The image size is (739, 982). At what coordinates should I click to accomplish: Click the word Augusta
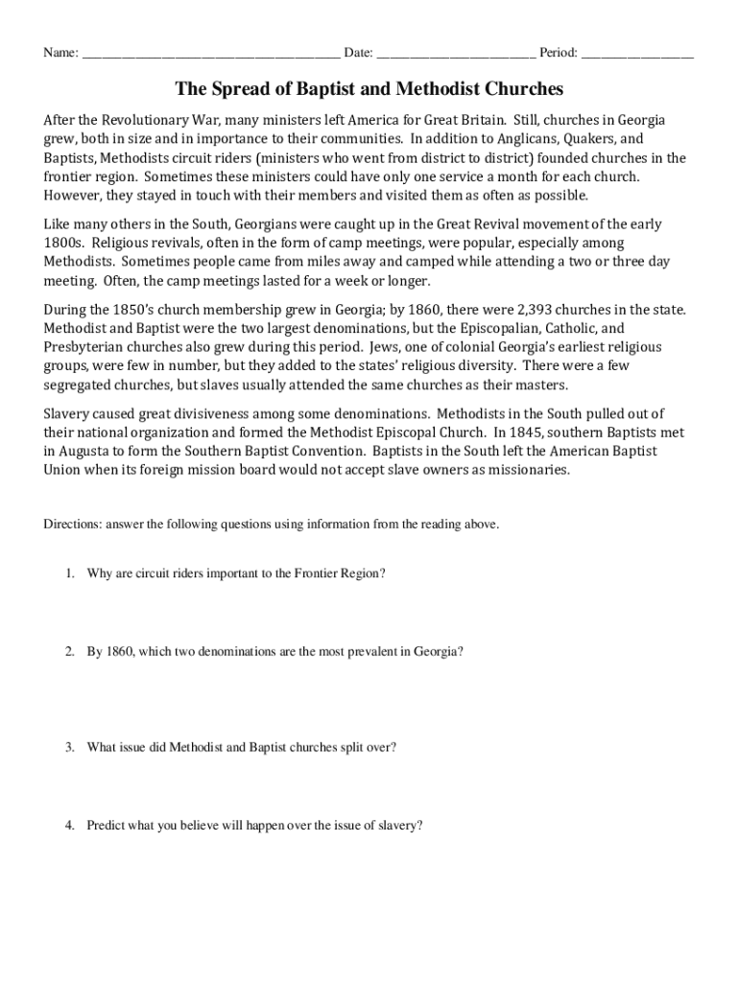pyautogui.click(x=83, y=451)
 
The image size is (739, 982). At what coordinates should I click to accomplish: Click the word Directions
pyautogui.click(x=72, y=526)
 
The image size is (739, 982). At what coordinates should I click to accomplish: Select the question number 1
pyautogui.click(x=69, y=573)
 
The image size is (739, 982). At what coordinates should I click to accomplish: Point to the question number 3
pyautogui.click(x=69, y=747)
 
